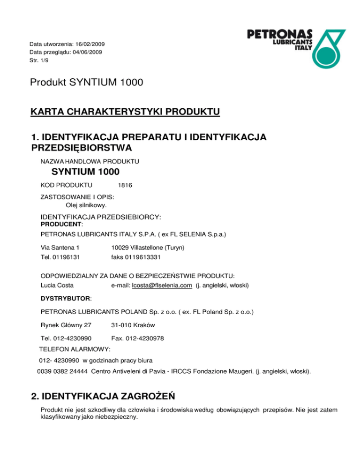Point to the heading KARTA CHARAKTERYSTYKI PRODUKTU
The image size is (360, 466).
[x=125, y=112]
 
